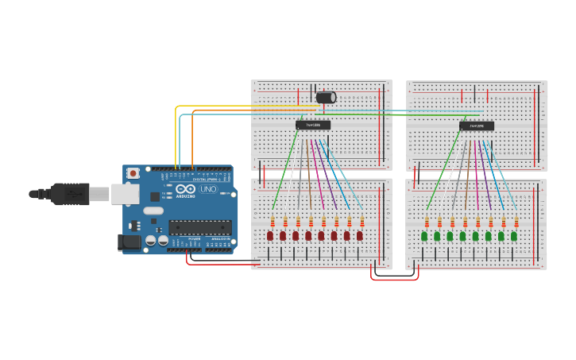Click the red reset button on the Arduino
click(133, 172)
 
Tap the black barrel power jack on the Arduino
click(128, 242)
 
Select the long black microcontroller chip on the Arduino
click(200, 226)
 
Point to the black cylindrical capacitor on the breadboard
click(326, 97)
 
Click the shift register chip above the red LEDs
click(313, 125)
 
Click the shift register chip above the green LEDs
click(476, 126)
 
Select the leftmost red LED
click(270, 236)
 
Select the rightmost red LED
click(359, 236)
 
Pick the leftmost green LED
click(425, 236)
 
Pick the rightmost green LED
click(514, 236)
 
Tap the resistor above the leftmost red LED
click(273, 222)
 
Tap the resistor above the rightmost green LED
click(516, 222)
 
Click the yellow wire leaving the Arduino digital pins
click(176, 135)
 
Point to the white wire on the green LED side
click(450, 179)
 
